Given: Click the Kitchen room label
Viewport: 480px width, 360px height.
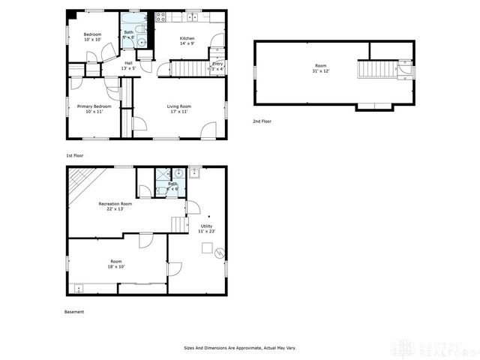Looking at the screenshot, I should coord(187,40).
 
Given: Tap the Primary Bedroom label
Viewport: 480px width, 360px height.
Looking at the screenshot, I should coord(94,109).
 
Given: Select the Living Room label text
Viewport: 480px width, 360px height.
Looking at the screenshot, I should coord(178,109).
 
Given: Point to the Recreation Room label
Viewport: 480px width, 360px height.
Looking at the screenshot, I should coord(115,206).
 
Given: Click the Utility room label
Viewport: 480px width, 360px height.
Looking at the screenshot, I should coord(206,229).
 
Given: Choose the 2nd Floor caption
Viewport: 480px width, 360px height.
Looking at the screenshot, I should coord(262,120).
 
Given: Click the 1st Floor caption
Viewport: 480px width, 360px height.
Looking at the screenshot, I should coord(74,154).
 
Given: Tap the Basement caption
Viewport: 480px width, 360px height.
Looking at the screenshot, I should coord(74,312).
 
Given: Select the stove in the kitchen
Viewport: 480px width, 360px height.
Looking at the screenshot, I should coord(160,17).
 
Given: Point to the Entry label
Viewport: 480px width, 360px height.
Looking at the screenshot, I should coord(217,66).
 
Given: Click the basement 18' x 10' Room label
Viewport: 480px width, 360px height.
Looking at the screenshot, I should coord(117,264).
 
